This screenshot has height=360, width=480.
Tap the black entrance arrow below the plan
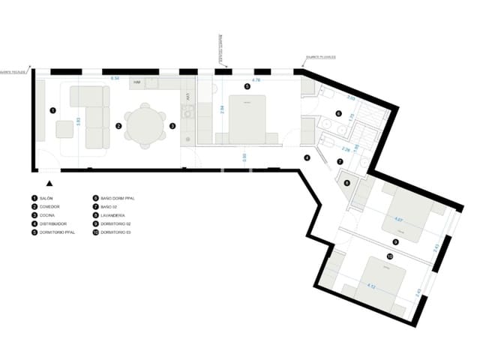click(49, 182)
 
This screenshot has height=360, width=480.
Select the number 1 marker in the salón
click(52, 109)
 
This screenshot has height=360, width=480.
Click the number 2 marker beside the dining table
click(118, 126)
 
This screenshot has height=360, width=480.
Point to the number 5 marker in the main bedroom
click(247, 86)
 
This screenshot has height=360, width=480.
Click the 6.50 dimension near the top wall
click(115, 78)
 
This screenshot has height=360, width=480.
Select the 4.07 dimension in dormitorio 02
click(398, 220)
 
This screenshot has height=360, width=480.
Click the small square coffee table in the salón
click(64, 129)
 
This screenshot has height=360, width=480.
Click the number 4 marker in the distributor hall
click(306, 157)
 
